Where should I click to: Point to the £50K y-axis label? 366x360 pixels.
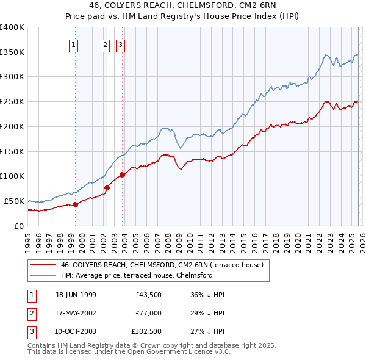coord(13,201)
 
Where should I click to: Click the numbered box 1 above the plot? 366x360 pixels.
coord(74,45)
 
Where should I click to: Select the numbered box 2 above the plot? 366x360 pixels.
coord(105,45)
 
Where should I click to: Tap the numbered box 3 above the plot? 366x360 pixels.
coord(120,45)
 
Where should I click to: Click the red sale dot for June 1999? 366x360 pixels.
coord(76,204)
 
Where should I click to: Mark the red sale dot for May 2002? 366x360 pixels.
coord(107,187)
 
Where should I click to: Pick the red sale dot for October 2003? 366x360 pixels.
coord(122,175)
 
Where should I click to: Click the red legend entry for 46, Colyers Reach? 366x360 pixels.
coord(162,265)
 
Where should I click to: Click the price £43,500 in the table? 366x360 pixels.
coord(149,295)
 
